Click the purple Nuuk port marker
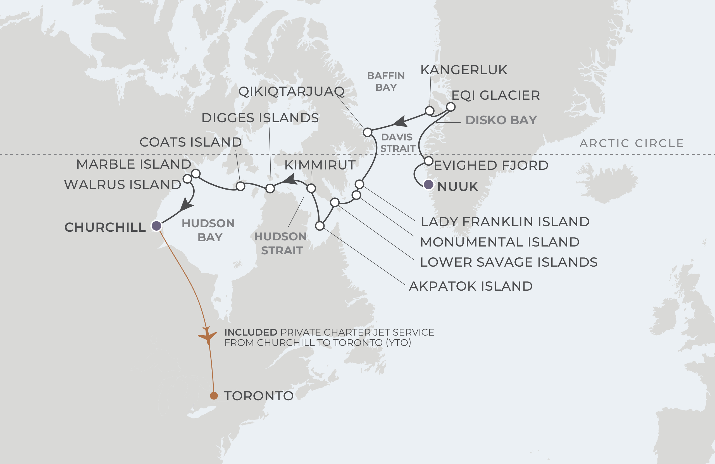(428, 184)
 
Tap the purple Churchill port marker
(156, 226)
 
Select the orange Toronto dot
(214, 396)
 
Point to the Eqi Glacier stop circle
(451, 107)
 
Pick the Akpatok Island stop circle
(320, 226)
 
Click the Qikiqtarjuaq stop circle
(367, 132)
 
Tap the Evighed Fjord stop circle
(429, 161)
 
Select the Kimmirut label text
(320, 165)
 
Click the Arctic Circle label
(631, 143)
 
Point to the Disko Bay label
(501, 120)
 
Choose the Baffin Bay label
(386, 82)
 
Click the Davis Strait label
(398, 143)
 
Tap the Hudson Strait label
(281, 243)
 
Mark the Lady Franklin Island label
(505, 222)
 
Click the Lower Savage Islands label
(509, 262)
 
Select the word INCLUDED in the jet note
(251, 333)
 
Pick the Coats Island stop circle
(240, 186)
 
